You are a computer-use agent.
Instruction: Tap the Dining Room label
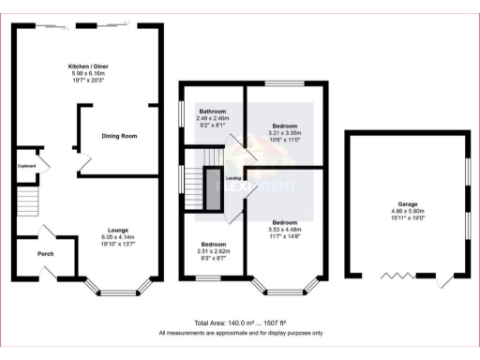tap(119, 137)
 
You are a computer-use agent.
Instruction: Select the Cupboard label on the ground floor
tap(26, 166)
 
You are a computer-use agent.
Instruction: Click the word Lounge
tap(118, 230)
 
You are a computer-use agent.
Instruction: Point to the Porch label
tap(45, 254)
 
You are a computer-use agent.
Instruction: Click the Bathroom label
tap(213, 111)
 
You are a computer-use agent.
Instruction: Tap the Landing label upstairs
tap(235, 178)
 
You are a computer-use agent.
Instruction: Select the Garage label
tap(407, 204)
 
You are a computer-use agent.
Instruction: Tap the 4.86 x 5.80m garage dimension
tap(407, 212)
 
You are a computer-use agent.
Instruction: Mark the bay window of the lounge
tap(117, 289)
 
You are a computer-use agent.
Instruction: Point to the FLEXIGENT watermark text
tap(253, 187)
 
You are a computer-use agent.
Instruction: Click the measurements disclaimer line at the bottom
tap(240, 333)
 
